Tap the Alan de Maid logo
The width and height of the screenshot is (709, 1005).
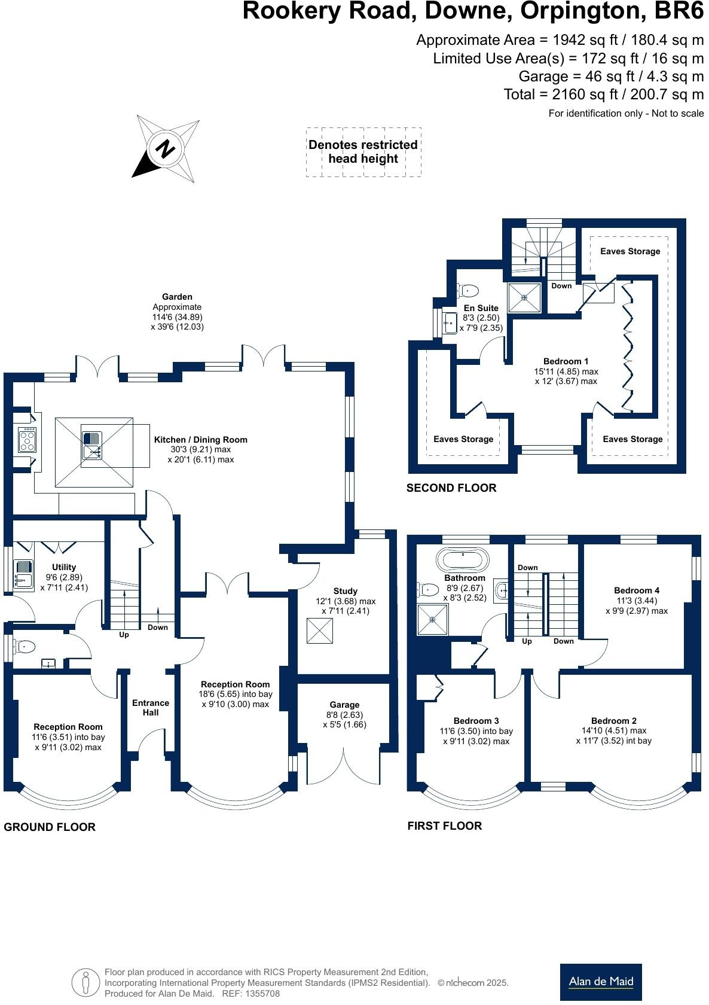[x=600, y=982]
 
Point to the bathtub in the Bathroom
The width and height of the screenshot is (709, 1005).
[x=463, y=560]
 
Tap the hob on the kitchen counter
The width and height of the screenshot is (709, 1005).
[x=27, y=440]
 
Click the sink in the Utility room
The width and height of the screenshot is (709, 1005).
[x=23, y=573]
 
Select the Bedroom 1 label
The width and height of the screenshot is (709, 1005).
[x=566, y=361]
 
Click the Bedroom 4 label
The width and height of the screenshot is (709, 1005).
[x=636, y=590]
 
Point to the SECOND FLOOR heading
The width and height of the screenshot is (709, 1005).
[x=451, y=488]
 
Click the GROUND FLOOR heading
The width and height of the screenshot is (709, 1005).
[x=50, y=827]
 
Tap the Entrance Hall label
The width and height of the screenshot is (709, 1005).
[x=151, y=708]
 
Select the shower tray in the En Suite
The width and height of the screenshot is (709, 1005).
[x=524, y=297]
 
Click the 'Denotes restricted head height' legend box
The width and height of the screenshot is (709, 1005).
[x=363, y=152]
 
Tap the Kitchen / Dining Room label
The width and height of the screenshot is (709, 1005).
[x=200, y=440]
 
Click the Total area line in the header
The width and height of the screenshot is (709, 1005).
[x=603, y=95]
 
